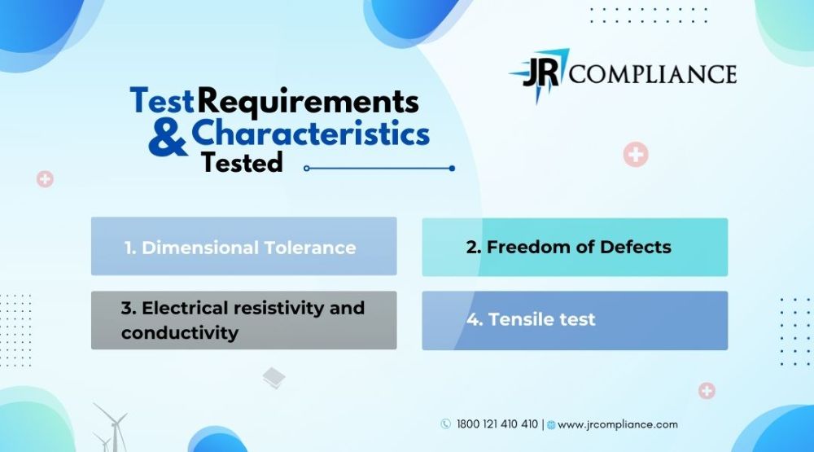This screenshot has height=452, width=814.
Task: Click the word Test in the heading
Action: (x=162, y=100)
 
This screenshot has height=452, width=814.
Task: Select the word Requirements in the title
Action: (x=308, y=102)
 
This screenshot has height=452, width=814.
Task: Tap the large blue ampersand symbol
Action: (x=168, y=138)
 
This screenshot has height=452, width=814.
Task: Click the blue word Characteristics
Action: (x=310, y=133)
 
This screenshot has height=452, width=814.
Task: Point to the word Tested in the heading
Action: (x=242, y=163)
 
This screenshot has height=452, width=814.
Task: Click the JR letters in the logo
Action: (x=541, y=72)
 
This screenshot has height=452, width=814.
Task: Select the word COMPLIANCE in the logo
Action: (x=653, y=74)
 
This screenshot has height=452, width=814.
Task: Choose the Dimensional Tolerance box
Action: (x=244, y=246)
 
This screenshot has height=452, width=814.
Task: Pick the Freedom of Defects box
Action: (x=575, y=248)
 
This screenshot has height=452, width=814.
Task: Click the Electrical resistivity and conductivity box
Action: (x=244, y=320)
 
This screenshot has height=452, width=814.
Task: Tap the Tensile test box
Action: (x=575, y=321)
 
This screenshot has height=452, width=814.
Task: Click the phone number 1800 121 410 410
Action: (x=497, y=424)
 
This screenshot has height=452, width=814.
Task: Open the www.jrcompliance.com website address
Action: (x=618, y=424)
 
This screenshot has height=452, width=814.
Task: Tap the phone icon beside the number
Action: (x=445, y=424)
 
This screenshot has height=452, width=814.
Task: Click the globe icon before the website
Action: (x=551, y=425)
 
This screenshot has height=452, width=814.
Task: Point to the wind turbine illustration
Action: (x=110, y=428)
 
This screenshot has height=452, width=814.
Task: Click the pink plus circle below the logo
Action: (x=636, y=154)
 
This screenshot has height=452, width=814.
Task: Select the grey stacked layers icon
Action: (x=274, y=378)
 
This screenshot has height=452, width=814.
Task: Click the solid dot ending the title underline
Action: (x=452, y=169)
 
